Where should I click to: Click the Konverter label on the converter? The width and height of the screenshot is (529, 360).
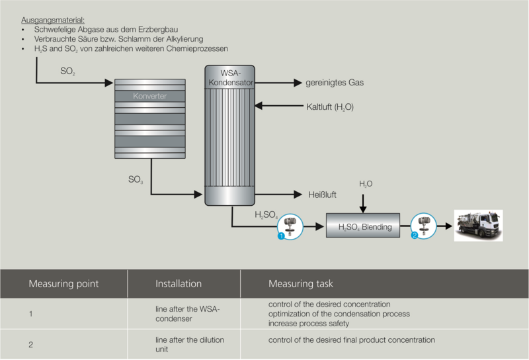[x=149, y=96]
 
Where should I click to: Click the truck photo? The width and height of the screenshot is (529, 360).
[x=477, y=225]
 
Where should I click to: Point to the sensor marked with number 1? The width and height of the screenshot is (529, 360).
[x=290, y=226]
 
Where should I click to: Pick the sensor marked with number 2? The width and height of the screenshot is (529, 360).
[x=425, y=226]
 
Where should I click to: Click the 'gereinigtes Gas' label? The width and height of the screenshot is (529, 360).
[x=334, y=83]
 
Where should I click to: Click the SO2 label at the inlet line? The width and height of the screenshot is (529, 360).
[x=67, y=70]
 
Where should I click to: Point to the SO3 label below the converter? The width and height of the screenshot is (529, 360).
[x=136, y=179]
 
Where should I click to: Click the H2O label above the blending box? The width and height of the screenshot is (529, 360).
[x=366, y=183]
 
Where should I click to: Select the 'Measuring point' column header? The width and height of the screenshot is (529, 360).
[x=63, y=284]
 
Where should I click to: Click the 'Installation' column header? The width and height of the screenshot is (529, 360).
[x=179, y=284]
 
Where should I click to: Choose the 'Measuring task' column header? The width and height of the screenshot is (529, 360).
[x=300, y=284]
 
